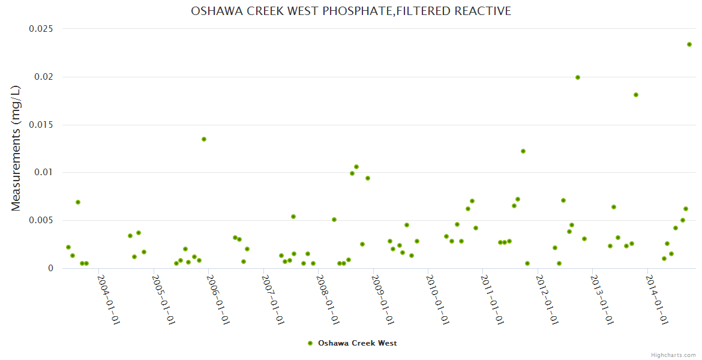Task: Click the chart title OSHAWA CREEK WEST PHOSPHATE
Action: click(x=351, y=11)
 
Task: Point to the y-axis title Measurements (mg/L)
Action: click(x=16, y=148)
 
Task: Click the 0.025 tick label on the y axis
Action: click(x=41, y=29)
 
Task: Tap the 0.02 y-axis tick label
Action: click(x=43, y=77)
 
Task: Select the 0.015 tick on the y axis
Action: click(x=41, y=125)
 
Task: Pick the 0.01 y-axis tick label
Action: click(x=43, y=172)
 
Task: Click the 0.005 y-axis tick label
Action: click(x=41, y=220)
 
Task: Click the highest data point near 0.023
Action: click(x=689, y=44)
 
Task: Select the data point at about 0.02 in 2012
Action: click(x=578, y=77)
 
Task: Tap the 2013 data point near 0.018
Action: click(x=636, y=95)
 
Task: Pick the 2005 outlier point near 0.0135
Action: click(x=204, y=139)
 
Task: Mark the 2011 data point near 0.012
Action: click(x=523, y=151)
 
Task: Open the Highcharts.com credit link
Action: click(x=673, y=355)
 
